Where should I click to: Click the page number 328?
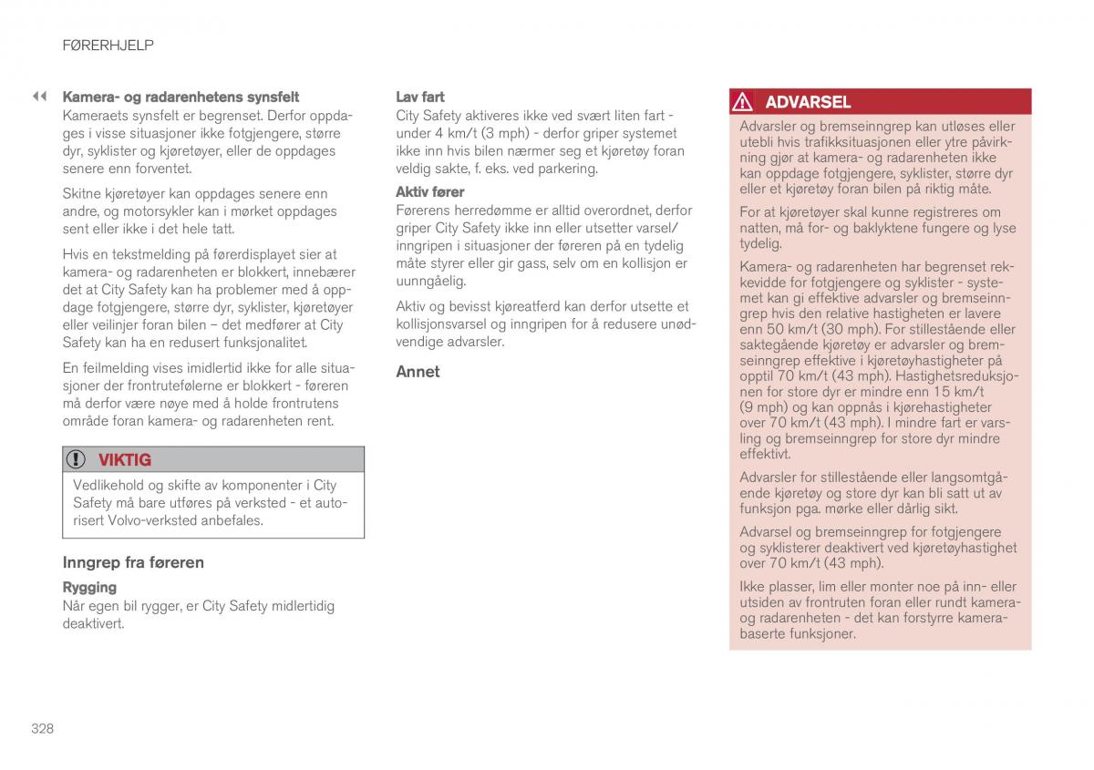(x=42, y=728)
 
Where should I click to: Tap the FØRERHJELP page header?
(x=108, y=45)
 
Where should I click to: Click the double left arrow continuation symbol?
(x=39, y=96)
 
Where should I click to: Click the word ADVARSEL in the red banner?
(x=808, y=102)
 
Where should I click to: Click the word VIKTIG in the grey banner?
(x=125, y=460)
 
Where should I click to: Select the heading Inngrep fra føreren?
(x=133, y=562)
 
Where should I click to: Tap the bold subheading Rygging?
(x=89, y=588)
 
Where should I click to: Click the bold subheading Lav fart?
(x=420, y=97)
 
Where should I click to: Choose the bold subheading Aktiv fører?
(x=429, y=192)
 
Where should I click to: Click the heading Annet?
(x=418, y=372)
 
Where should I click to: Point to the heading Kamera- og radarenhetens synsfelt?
(x=181, y=97)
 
